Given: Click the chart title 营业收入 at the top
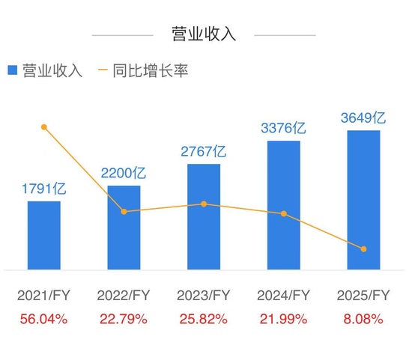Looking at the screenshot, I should [204, 34].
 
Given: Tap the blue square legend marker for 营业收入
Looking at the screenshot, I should [13, 71].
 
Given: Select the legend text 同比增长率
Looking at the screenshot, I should [150, 71].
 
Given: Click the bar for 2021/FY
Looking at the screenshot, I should [44, 234].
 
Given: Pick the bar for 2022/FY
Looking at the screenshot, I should [124, 227].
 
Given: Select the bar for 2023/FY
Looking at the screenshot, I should [204, 216].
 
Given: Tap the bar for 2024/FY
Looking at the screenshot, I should [284, 204].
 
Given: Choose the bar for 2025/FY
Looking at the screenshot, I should [363, 199].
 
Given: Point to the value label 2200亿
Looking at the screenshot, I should [124, 174].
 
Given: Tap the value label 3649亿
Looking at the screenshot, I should [363, 118].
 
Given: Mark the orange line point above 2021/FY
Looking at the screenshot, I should [44, 127].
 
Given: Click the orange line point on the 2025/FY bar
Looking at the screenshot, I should [364, 248].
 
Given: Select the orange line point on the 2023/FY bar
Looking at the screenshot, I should [204, 204].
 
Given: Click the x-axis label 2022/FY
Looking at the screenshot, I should [124, 295].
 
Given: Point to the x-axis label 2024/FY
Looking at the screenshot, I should [284, 295].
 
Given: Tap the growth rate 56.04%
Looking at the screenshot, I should [43, 319].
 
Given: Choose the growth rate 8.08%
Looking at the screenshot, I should [363, 319].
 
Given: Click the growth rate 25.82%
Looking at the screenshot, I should [204, 319].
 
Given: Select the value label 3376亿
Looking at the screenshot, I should [284, 129].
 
